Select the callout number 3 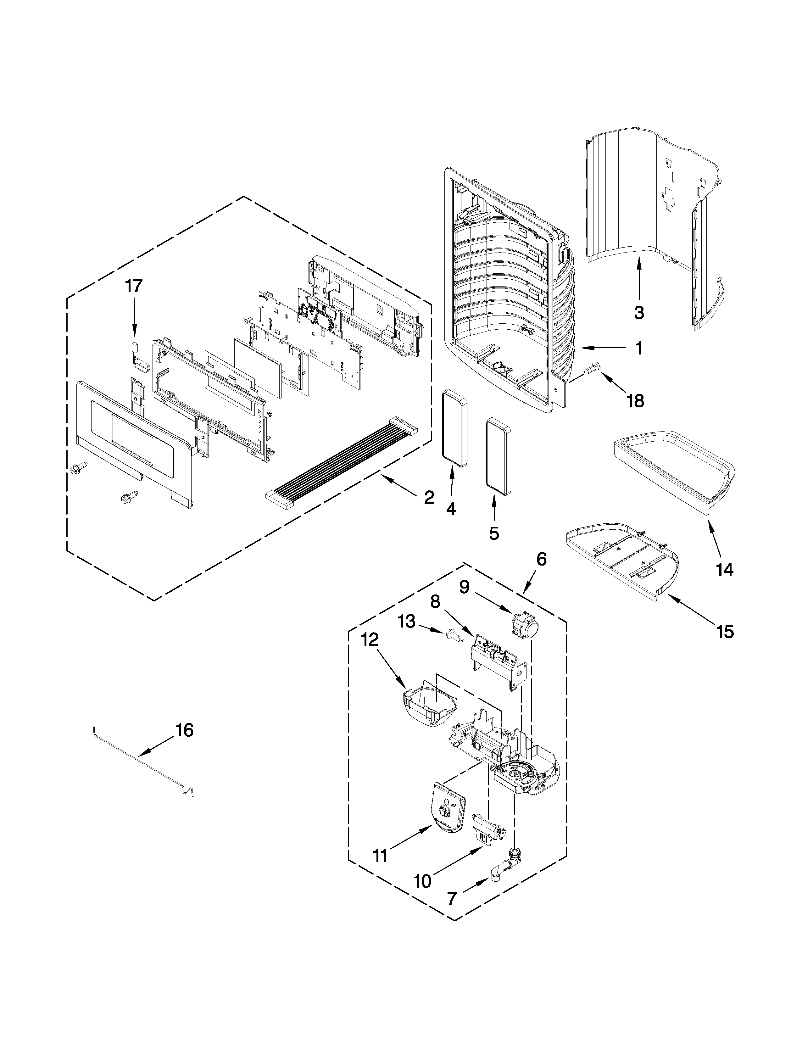point(639,312)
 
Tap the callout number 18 point(635,401)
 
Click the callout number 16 point(184,730)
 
